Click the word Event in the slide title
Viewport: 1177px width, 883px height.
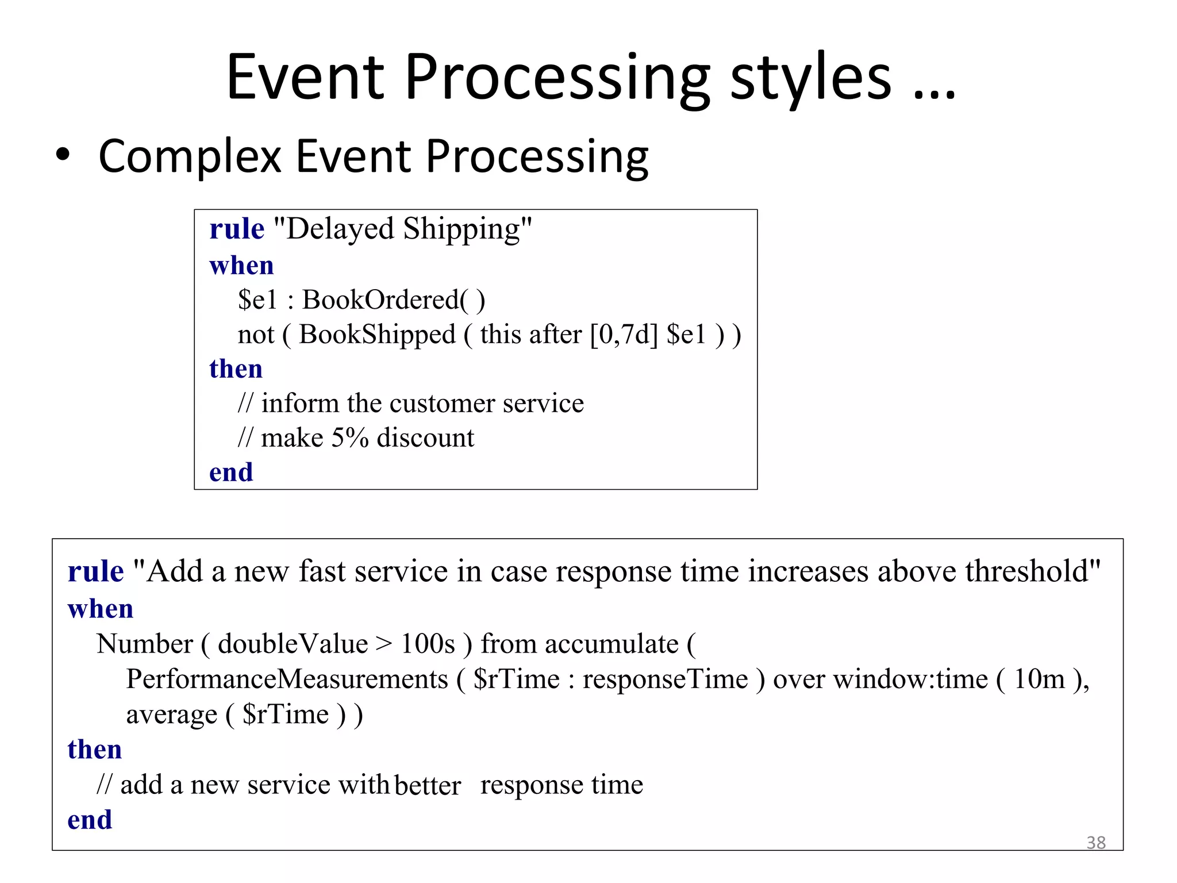pos(305,78)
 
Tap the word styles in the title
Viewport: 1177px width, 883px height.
pos(811,78)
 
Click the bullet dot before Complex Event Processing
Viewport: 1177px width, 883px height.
pos(63,155)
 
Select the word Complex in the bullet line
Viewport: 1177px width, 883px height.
pos(190,157)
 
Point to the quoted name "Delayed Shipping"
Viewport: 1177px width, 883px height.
pos(403,229)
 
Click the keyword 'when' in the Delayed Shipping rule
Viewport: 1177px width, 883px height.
pos(241,266)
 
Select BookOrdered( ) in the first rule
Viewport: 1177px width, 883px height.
pos(394,300)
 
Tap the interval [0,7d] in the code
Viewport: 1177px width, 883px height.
pos(624,335)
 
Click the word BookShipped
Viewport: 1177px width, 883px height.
pos(377,335)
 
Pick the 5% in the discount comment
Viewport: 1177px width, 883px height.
pos(349,438)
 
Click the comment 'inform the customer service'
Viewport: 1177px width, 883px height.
pos(422,404)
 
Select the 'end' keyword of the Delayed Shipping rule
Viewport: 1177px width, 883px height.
pos(231,473)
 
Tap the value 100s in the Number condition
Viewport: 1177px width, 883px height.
pos(428,644)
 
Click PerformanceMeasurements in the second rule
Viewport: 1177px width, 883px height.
pos(287,679)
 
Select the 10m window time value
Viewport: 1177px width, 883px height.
pos(1039,679)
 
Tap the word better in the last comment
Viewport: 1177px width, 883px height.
pos(428,785)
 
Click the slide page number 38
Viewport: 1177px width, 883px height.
pos(1096,842)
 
